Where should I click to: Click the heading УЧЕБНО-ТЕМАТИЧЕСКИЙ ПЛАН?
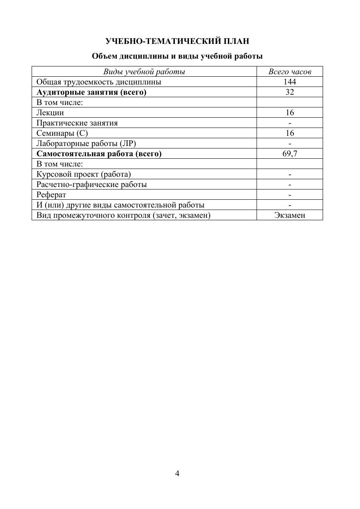point(177,41)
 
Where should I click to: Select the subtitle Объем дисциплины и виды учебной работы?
point(177,56)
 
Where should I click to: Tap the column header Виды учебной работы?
point(144,72)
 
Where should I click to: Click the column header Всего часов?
point(290,72)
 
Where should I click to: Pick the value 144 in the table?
point(290,82)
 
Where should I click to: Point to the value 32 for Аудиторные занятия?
point(290,92)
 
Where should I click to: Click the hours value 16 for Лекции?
point(290,112)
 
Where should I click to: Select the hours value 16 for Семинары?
point(290,133)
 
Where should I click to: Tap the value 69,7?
point(290,153)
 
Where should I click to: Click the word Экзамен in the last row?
point(290,215)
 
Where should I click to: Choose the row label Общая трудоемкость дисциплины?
point(99,82)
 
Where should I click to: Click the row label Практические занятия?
point(77,123)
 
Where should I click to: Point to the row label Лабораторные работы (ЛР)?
point(86,143)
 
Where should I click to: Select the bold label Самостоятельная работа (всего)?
point(99,153)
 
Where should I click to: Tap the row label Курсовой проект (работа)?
point(84,174)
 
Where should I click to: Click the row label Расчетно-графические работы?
point(92,184)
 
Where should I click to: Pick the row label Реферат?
point(51,194)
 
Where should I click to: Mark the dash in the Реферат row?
point(290,195)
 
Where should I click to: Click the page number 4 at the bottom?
point(177,474)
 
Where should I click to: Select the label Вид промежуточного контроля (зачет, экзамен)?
point(123,215)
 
